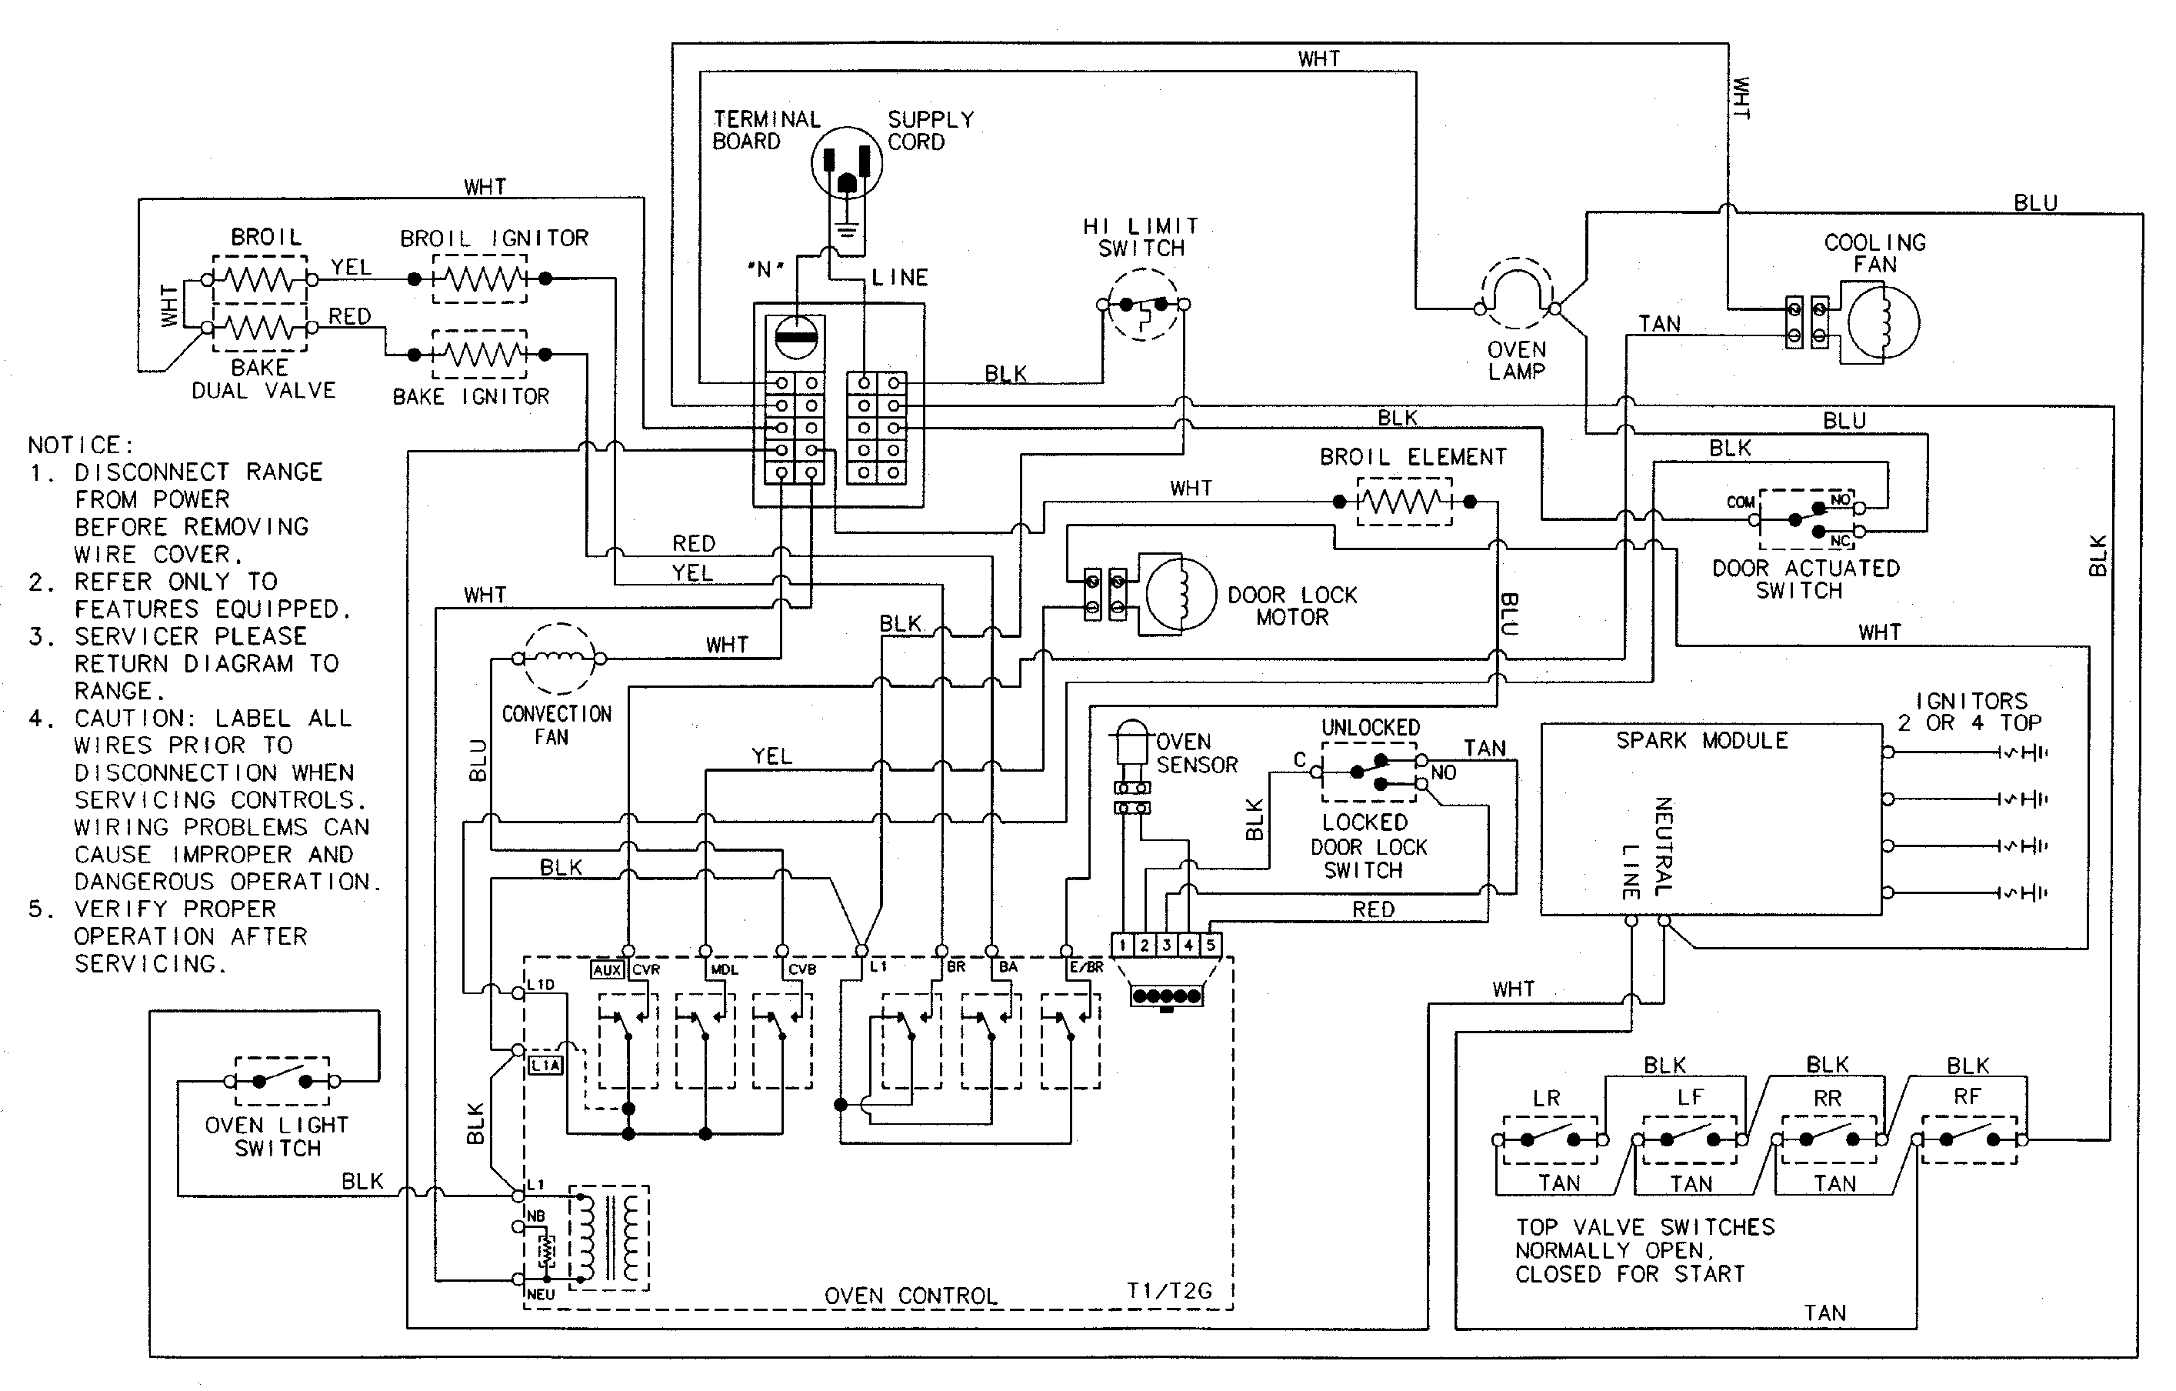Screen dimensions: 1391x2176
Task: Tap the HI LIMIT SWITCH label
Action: tap(1141, 237)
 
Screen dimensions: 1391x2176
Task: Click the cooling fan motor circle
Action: tap(1883, 322)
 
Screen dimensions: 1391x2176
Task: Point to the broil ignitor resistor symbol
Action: tap(479, 279)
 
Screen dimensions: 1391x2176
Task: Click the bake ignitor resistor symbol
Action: tap(479, 355)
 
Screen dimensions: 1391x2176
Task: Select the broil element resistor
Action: tap(1404, 502)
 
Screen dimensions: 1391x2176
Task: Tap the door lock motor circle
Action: tap(1180, 594)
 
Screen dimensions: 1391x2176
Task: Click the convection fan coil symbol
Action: tap(559, 658)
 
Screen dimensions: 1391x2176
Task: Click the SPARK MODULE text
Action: tap(1701, 740)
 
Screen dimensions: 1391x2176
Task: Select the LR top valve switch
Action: tap(1551, 1139)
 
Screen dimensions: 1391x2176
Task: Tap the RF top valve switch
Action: tap(1969, 1139)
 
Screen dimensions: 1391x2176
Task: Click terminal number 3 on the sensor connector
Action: tap(1166, 946)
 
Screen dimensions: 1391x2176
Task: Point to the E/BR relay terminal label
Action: tap(1086, 967)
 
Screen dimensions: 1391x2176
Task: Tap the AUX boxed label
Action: tap(606, 970)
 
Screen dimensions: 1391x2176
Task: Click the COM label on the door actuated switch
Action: tap(1740, 502)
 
